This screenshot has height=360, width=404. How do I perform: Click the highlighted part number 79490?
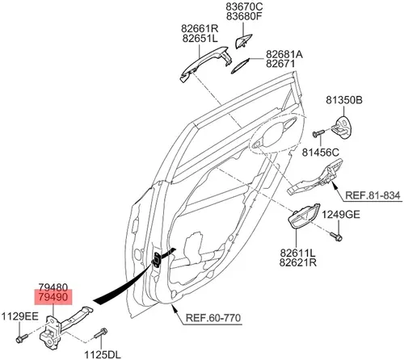click(x=53, y=297)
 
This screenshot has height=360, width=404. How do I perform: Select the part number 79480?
click(x=53, y=287)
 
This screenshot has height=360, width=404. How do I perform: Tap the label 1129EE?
click(x=20, y=316)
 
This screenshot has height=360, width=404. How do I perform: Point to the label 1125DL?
click(x=103, y=354)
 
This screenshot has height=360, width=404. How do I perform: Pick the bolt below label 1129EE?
click(x=22, y=338)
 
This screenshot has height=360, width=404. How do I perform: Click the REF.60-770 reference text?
click(x=213, y=318)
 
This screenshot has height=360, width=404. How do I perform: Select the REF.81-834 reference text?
click(x=372, y=195)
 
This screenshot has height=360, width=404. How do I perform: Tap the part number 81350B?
click(x=344, y=100)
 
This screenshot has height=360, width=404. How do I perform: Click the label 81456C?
click(x=321, y=153)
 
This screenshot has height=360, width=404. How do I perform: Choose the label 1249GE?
click(x=341, y=215)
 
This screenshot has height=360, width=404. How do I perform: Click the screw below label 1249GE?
click(x=336, y=237)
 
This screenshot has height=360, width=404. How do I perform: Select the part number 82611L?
click(x=297, y=253)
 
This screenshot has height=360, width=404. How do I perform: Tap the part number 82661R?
click(x=200, y=28)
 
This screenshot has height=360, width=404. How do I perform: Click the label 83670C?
click(x=244, y=6)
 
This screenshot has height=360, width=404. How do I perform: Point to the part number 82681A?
click(x=284, y=54)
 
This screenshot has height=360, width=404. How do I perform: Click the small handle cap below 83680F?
click(x=243, y=41)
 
